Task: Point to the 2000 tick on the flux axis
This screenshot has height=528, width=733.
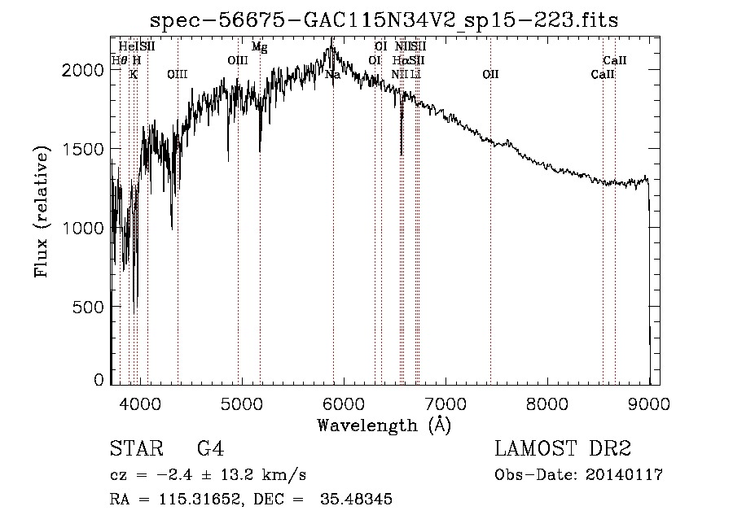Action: pyautogui.click(x=84, y=71)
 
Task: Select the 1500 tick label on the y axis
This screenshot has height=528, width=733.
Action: pyautogui.click(x=84, y=150)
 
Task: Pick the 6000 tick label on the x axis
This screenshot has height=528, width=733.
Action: pyautogui.click(x=343, y=402)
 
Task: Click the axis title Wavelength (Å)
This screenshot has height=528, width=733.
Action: pyautogui.click(x=384, y=425)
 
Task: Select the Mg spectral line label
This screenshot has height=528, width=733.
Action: pyautogui.click(x=259, y=47)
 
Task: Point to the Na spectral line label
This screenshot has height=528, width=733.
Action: pyautogui.click(x=332, y=75)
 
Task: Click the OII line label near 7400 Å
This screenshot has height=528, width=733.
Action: pyautogui.click(x=490, y=75)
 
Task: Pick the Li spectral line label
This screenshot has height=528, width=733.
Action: pyautogui.click(x=415, y=75)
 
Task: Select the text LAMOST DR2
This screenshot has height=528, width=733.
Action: pyautogui.click(x=563, y=449)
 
